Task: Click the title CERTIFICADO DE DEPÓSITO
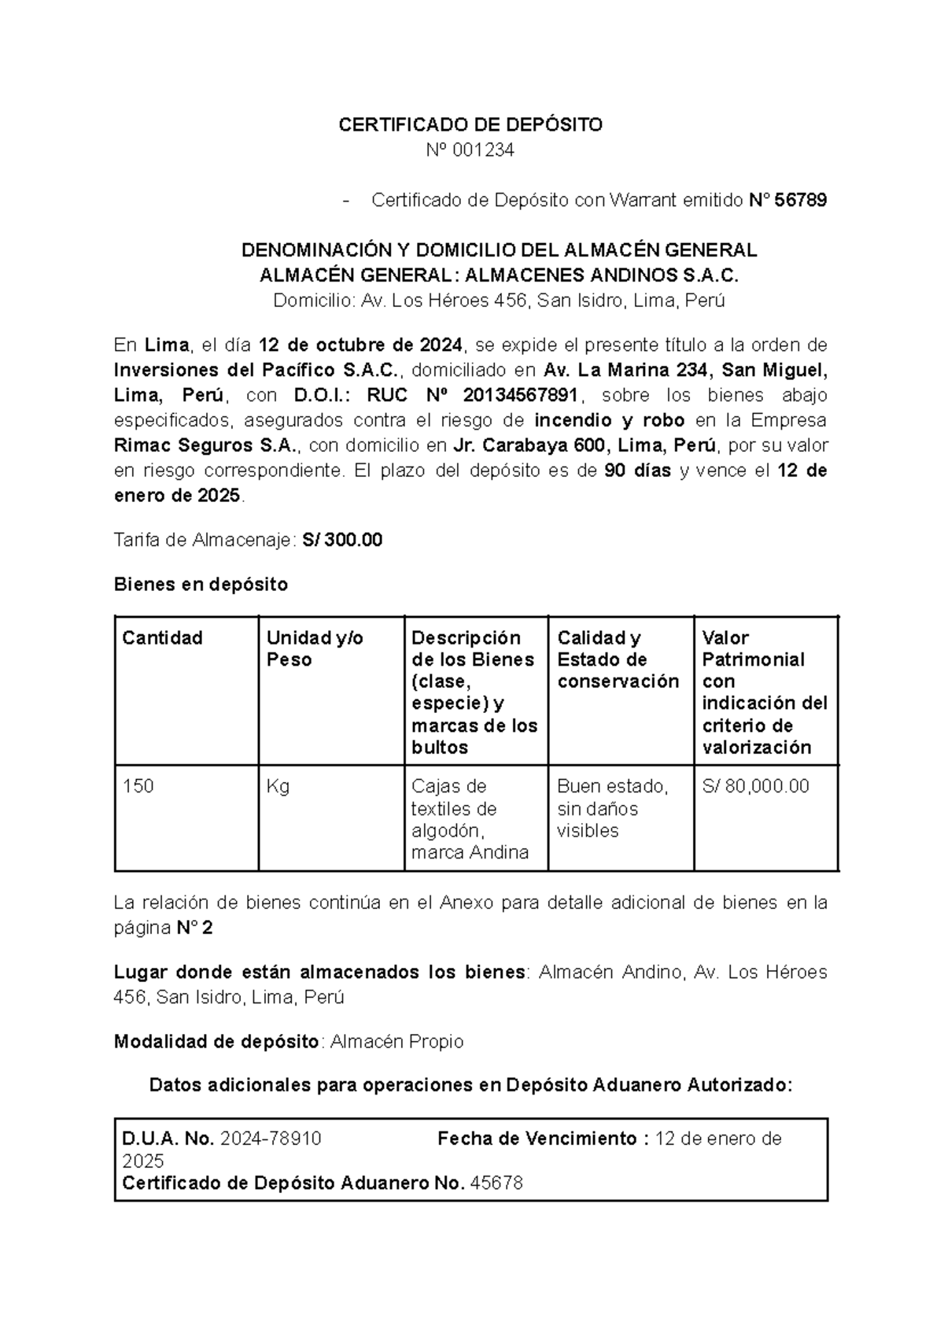[x=470, y=125]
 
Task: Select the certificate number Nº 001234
[x=470, y=150]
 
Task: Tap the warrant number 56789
[x=801, y=201]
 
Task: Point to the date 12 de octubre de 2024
[x=361, y=345]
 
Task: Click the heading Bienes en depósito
[x=201, y=585]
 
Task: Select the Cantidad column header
[x=162, y=637]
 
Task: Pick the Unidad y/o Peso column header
[x=315, y=648]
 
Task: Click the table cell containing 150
[x=138, y=786]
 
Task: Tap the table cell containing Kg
[x=278, y=786]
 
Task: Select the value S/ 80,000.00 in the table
[x=755, y=786]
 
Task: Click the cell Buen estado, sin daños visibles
[x=612, y=808]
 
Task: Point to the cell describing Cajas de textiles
[x=470, y=819]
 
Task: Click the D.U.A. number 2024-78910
[x=271, y=1139]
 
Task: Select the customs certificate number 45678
[x=496, y=1183]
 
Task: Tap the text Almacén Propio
[x=396, y=1042]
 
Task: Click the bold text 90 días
[x=637, y=471]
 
